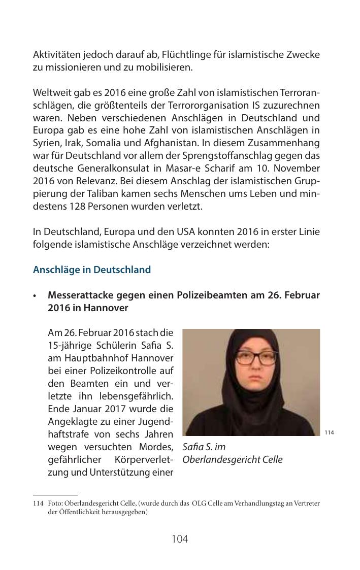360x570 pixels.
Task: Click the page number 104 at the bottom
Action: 180,539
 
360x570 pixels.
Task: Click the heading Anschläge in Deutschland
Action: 92,270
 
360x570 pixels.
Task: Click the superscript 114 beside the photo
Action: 329,432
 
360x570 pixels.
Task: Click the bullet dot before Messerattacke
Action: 35,295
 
